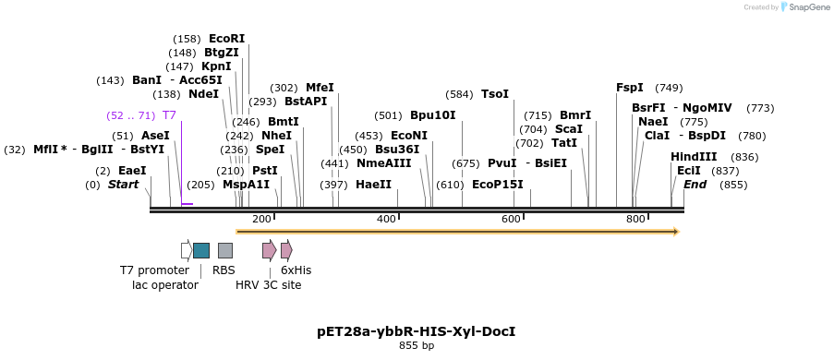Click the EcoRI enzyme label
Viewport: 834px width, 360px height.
point(226,39)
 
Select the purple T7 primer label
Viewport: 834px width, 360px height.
point(169,115)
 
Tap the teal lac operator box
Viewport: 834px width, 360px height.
point(201,250)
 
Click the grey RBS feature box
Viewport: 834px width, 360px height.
point(225,250)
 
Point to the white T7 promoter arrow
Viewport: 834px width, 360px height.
point(186,250)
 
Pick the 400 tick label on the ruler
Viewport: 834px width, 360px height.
point(386,219)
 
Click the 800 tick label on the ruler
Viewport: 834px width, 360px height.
point(635,219)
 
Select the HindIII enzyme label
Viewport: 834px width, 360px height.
point(694,157)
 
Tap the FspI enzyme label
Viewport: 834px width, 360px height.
point(630,88)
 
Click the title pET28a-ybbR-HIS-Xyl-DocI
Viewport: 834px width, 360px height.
point(416,330)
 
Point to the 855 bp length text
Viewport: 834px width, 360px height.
point(416,345)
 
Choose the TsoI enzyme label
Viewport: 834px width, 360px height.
point(495,94)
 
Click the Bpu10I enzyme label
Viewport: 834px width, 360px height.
point(433,115)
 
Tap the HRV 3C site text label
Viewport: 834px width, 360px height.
point(268,285)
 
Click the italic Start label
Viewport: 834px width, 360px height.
point(123,185)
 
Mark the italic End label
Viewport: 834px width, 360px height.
point(695,185)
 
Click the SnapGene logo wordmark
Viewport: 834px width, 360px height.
point(808,7)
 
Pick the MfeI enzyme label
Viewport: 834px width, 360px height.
point(320,88)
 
